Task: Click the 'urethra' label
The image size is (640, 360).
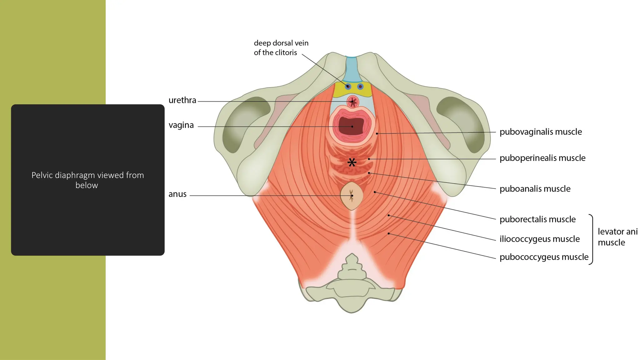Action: tap(182, 100)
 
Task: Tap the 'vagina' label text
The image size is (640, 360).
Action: tap(181, 125)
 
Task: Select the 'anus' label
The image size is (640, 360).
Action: tap(177, 194)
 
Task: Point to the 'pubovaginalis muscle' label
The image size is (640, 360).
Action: tap(541, 132)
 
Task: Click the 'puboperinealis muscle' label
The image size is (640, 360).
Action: tap(542, 158)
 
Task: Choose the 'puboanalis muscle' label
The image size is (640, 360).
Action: tap(535, 189)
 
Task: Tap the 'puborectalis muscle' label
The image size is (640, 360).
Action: tap(537, 219)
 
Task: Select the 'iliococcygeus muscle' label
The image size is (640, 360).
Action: tap(540, 239)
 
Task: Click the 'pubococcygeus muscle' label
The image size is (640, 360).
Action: tap(544, 257)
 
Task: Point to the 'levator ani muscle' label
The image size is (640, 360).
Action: tap(617, 237)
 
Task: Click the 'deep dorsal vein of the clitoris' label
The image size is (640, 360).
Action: tap(281, 47)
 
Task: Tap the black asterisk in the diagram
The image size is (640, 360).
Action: tap(352, 162)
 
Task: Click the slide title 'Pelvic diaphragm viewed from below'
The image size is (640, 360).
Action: tap(87, 180)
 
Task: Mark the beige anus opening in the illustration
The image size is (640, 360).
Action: tap(352, 196)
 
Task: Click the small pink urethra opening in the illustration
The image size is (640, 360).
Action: tap(353, 102)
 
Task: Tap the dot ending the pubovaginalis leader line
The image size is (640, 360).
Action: tap(377, 134)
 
